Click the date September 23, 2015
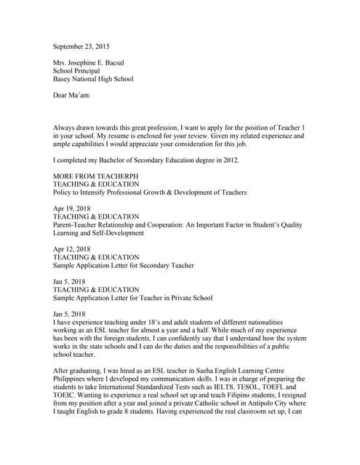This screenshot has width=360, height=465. point(85,46)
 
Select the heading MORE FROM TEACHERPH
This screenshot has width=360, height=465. point(99,177)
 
